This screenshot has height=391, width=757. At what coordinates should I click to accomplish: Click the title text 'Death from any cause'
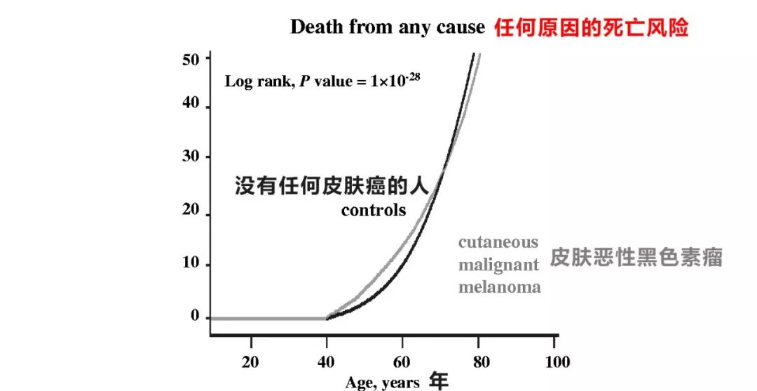click(388, 27)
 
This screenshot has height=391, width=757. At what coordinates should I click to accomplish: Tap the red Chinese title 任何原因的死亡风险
click(592, 27)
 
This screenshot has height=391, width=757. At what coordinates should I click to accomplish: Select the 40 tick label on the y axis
click(191, 105)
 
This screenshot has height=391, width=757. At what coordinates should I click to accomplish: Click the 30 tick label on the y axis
click(191, 157)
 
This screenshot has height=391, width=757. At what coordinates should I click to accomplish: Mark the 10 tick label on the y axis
click(191, 264)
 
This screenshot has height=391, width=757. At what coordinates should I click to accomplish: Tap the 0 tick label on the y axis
click(195, 317)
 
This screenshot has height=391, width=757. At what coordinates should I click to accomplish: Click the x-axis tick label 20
click(250, 362)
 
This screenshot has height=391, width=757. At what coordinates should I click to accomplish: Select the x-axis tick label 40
click(326, 362)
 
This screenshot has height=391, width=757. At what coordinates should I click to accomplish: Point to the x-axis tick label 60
click(402, 362)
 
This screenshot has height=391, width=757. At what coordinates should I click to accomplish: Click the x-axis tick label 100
click(558, 362)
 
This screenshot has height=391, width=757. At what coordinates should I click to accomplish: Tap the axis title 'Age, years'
click(382, 383)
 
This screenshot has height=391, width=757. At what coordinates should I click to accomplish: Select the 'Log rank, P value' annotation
click(322, 80)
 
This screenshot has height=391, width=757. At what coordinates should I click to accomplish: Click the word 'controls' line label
click(374, 210)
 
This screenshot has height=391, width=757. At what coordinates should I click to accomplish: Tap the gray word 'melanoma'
click(500, 287)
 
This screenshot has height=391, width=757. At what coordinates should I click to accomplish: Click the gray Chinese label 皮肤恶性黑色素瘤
click(636, 257)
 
